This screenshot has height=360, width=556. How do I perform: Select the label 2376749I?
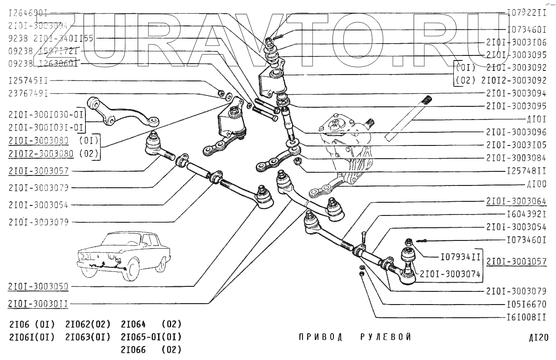[28, 94]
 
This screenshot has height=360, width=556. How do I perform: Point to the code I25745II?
[28, 81]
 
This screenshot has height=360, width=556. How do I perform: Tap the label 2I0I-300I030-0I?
[46, 115]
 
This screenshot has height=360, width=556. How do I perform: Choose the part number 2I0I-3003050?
[38, 286]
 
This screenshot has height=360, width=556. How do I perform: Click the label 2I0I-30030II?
[38, 303]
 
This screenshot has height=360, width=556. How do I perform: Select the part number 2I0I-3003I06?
[516, 42]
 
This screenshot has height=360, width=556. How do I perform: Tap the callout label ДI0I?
[537, 120]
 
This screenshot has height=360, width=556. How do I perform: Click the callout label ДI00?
[537, 185]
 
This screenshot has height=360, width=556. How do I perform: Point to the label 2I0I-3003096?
[516, 132]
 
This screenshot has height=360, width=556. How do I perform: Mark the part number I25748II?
[526, 171]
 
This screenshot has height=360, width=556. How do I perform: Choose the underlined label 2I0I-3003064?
[516, 201]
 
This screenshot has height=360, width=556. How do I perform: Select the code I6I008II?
[526, 317]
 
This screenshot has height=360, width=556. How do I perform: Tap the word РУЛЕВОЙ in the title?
[386, 337]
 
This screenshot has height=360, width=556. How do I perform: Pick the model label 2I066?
[134, 350]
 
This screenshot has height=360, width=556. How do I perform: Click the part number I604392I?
[526, 214]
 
